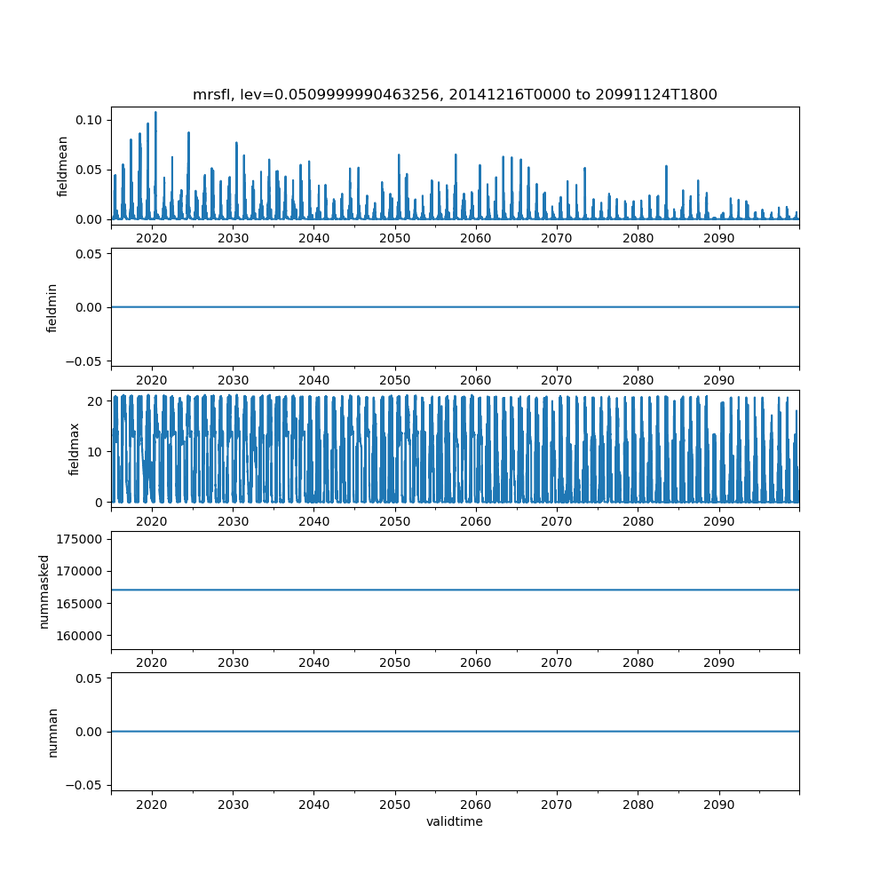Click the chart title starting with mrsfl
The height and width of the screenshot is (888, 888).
[x=455, y=94]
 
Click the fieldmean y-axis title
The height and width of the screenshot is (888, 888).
[x=62, y=167]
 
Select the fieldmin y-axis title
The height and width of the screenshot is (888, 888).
[x=52, y=307]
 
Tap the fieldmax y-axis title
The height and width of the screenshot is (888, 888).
[x=75, y=448]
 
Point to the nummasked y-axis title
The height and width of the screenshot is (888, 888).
[x=44, y=590]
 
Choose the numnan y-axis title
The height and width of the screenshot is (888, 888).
[x=52, y=731]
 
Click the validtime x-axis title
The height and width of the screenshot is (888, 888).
[x=455, y=821]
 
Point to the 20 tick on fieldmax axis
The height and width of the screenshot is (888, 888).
[x=97, y=400]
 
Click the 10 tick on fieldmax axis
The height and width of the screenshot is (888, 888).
[x=97, y=451]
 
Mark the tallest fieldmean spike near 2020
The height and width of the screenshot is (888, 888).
[x=155, y=113]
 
